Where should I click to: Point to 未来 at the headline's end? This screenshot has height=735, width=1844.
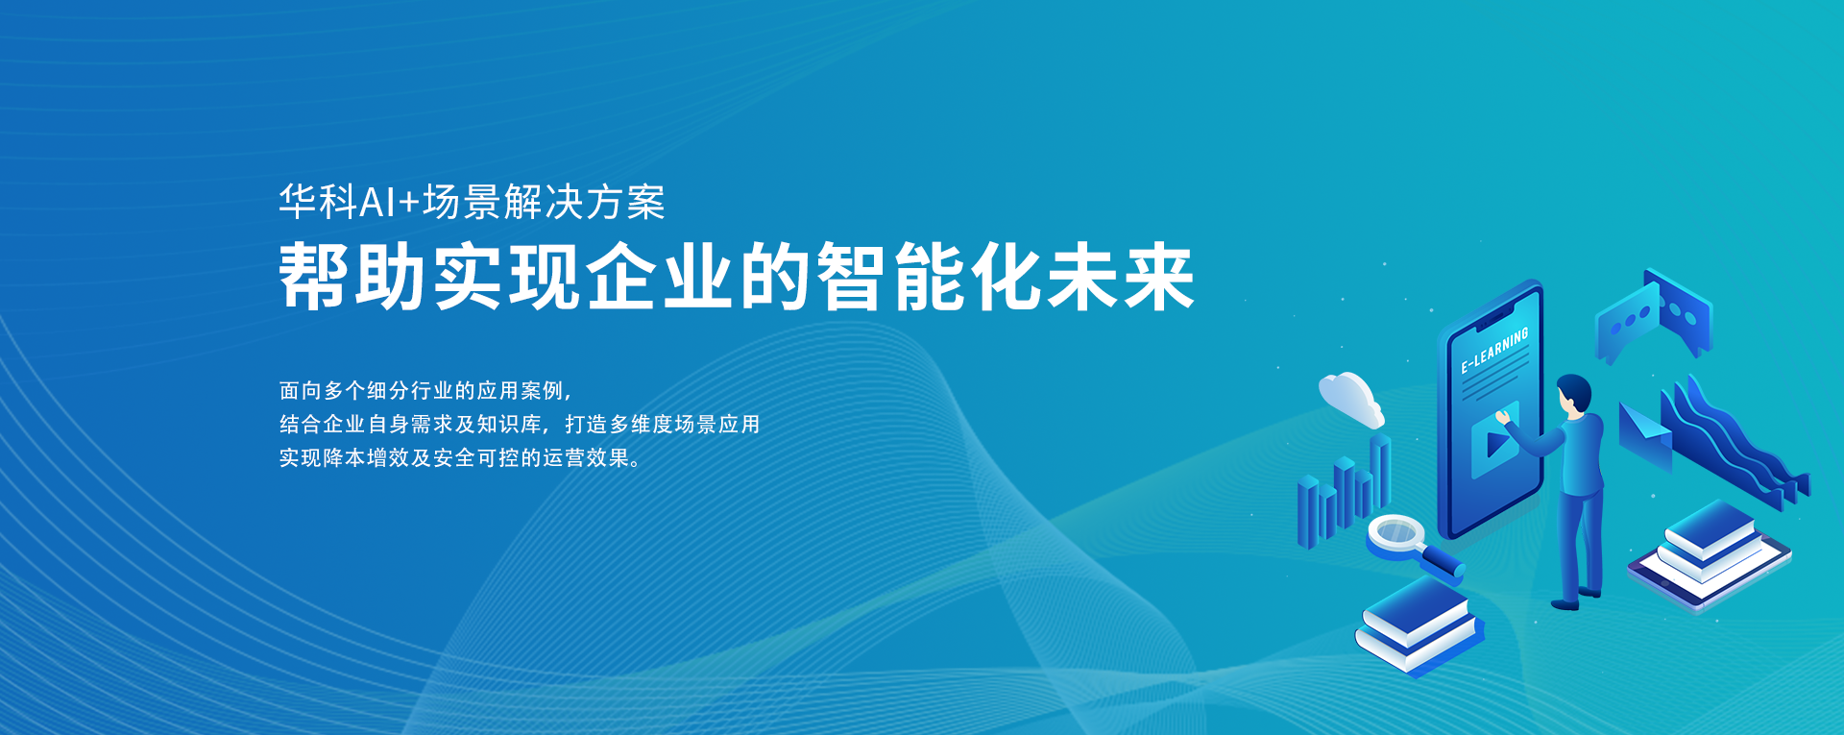[1121, 277]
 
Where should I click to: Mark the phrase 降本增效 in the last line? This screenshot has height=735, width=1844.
[356, 457]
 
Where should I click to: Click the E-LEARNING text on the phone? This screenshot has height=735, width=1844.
[1494, 351]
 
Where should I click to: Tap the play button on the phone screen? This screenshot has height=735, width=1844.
[1495, 443]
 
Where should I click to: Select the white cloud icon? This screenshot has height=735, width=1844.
[1350, 399]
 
